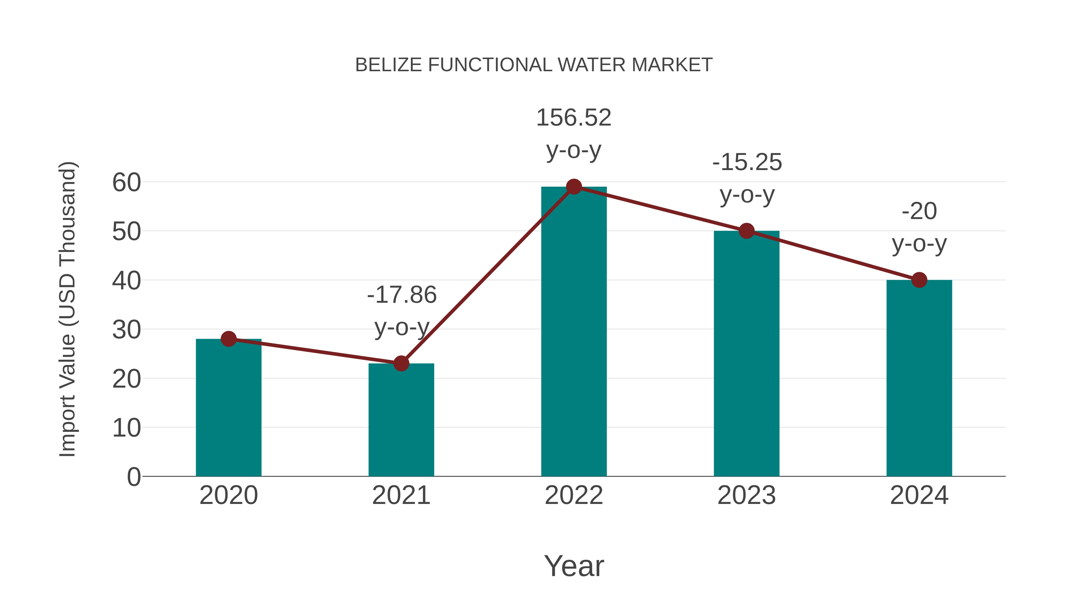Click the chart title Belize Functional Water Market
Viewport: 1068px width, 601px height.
(x=534, y=65)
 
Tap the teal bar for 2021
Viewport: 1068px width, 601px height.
(x=401, y=421)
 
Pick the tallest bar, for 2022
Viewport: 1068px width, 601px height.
(x=574, y=332)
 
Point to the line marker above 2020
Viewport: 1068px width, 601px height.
(x=228, y=339)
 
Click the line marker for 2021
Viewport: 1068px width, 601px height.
(x=401, y=363)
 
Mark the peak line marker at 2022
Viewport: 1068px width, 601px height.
(x=574, y=187)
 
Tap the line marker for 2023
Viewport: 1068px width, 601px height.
(x=746, y=231)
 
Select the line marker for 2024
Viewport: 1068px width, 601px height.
(x=919, y=280)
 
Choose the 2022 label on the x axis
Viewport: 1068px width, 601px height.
(x=574, y=495)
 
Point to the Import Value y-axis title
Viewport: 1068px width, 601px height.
(x=67, y=309)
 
